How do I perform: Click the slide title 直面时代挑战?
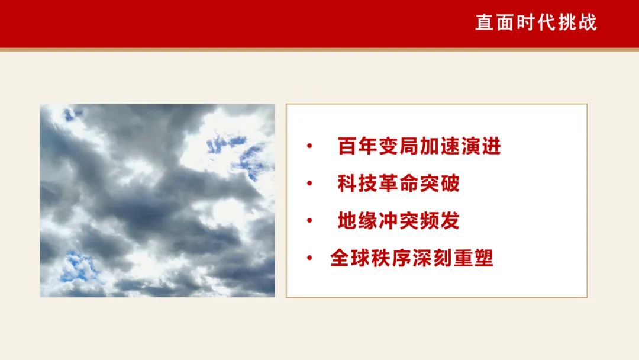[x=536, y=22]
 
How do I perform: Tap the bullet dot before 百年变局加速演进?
[x=309, y=146]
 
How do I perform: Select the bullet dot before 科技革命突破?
[x=309, y=184]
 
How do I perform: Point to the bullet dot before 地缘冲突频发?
[x=309, y=221]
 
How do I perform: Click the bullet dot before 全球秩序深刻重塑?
[x=309, y=258]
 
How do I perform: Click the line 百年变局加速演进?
[x=419, y=146]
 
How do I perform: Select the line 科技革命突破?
[x=399, y=184]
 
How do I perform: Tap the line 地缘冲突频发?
[x=399, y=221]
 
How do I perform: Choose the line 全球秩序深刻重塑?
[x=412, y=258]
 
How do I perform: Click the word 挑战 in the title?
[x=577, y=22]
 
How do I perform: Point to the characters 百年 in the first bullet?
[x=357, y=146]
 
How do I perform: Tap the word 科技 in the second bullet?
[x=357, y=184]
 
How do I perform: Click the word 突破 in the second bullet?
[x=440, y=184]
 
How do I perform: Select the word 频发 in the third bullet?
[x=440, y=221]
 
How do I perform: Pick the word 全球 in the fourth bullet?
[x=350, y=258]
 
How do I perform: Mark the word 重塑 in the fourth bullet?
[x=473, y=258]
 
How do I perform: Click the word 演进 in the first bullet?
[x=481, y=146]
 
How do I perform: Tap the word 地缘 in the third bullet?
[x=357, y=221]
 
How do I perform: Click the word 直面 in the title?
[x=495, y=22]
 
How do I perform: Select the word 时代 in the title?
[x=536, y=22]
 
